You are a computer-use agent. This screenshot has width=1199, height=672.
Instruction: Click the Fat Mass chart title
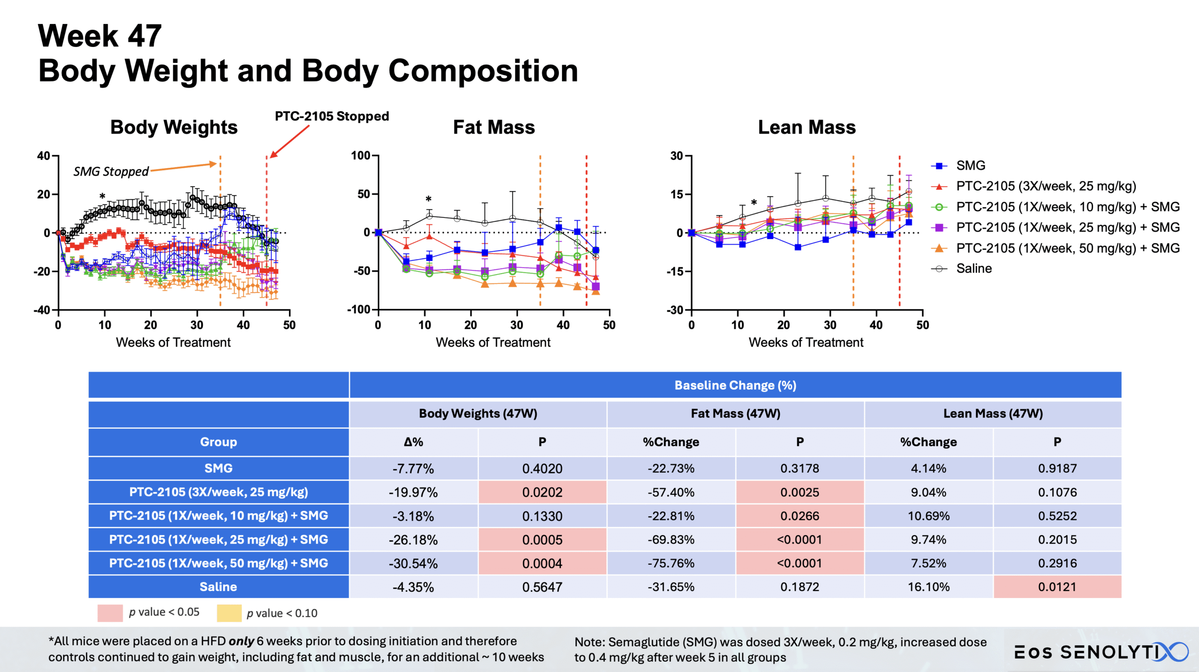(x=494, y=127)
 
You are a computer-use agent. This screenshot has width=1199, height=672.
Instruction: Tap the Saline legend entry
(x=974, y=269)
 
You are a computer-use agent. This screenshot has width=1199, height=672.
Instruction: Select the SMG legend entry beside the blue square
(x=970, y=165)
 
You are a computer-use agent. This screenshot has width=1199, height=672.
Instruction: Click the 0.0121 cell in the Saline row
(x=1057, y=587)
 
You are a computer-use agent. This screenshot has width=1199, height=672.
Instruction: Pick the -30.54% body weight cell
(x=413, y=563)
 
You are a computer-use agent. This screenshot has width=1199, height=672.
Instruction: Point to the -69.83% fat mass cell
(x=671, y=539)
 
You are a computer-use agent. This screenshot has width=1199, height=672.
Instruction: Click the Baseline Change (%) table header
(x=735, y=385)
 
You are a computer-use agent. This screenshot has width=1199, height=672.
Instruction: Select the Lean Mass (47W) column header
(x=993, y=413)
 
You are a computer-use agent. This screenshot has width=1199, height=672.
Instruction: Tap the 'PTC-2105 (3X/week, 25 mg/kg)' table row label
(x=218, y=492)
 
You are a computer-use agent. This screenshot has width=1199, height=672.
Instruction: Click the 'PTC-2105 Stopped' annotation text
(x=332, y=116)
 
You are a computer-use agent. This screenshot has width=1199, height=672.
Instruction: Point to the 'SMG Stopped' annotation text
(x=111, y=172)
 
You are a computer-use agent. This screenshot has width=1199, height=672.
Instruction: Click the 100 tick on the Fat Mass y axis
(x=361, y=156)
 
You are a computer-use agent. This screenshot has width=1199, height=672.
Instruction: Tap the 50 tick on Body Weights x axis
(x=289, y=325)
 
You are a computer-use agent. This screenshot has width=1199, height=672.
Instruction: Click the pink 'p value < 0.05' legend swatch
(x=110, y=613)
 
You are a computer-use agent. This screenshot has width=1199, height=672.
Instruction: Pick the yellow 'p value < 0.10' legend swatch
(x=229, y=613)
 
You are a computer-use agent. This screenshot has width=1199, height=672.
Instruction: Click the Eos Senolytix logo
(x=1101, y=652)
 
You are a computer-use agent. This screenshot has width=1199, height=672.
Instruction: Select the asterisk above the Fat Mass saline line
(x=428, y=199)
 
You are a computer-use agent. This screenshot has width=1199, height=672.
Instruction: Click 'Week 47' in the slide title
(x=100, y=36)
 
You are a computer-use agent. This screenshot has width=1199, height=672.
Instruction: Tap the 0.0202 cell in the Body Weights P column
(x=542, y=492)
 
